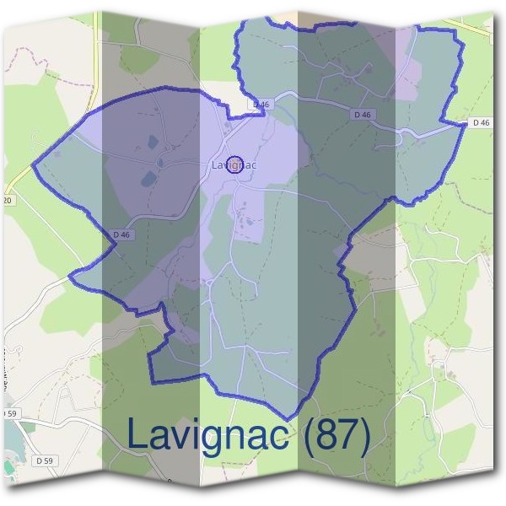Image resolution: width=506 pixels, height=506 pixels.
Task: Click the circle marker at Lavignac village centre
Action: (235, 163)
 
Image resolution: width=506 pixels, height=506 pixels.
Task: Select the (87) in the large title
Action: (336, 435)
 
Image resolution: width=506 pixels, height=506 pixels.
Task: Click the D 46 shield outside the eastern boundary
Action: (481, 123)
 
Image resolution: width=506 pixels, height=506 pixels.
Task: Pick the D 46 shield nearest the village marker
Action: (261, 105)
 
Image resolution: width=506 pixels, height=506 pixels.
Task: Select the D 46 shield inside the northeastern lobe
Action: (363, 114)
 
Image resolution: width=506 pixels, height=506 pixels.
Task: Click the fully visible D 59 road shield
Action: (45, 460)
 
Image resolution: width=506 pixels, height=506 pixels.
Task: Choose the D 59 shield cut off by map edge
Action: (8, 414)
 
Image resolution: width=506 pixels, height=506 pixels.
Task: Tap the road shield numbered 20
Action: (7, 200)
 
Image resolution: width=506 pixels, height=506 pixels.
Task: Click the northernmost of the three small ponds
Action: (152, 142)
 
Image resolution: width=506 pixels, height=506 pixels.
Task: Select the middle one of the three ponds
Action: (159, 161)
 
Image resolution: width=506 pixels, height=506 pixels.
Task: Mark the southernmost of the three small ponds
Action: (148, 178)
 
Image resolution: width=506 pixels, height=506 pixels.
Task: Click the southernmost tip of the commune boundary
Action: (288, 419)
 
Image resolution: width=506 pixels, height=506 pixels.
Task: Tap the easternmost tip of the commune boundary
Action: (466, 124)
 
